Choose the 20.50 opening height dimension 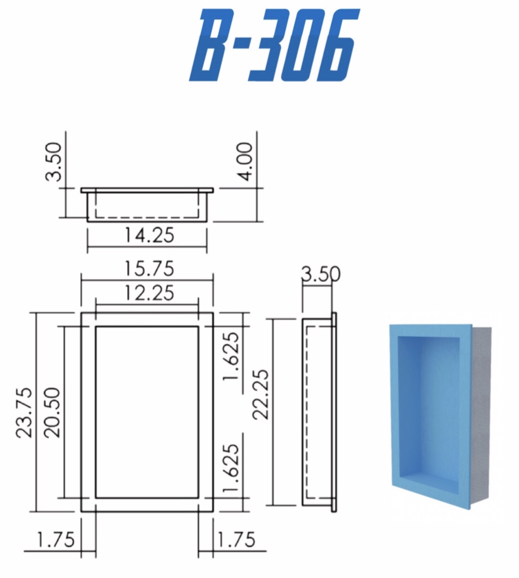coord(53,412)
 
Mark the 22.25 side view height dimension coord(261,394)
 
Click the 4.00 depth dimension coord(246,161)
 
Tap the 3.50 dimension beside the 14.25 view coord(54,161)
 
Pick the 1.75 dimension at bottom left coord(56,540)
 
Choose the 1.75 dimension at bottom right coord(237,540)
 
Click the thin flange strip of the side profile coord(334,412)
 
